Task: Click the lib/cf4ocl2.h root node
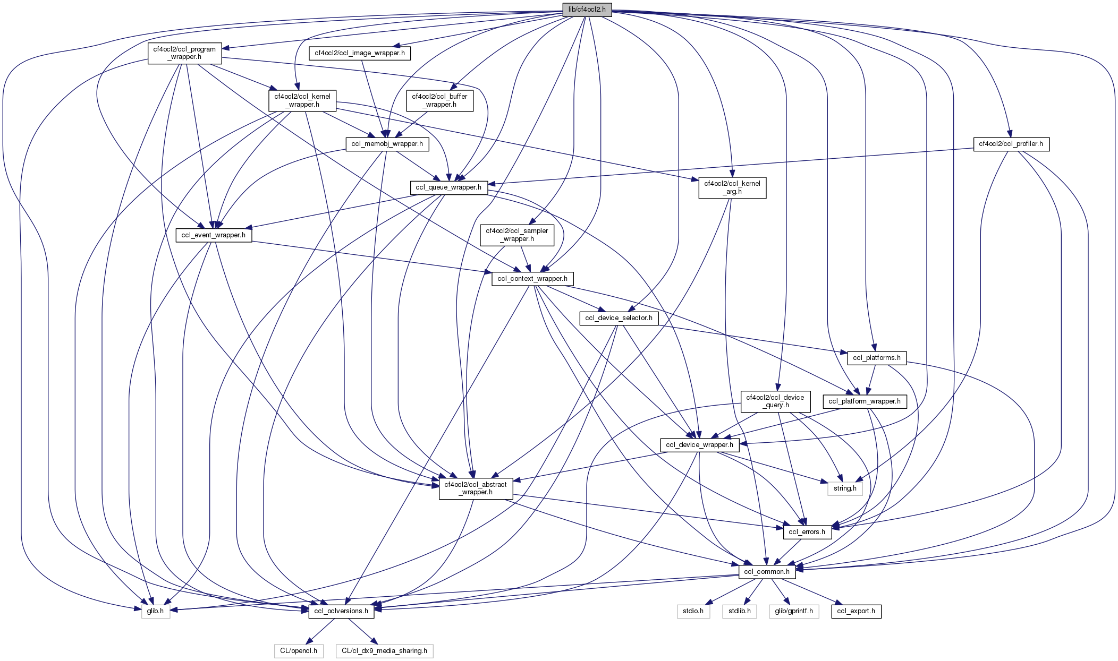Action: tap(587, 10)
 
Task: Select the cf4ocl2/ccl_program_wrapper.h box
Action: tap(184, 53)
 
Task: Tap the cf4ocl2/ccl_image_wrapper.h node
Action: tap(360, 53)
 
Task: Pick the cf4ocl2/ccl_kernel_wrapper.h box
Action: tap(302, 100)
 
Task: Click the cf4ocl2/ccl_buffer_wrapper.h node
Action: tap(439, 100)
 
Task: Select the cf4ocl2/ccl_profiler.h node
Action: tap(1011, 144)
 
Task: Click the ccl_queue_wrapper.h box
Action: tap(448, 187)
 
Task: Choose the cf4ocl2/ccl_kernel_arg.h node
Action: tap(732, 187)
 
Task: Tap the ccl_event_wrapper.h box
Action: tap(213, 235)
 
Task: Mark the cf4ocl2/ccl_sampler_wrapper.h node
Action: tap(516, 235)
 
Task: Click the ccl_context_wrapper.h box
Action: tap(532, 279)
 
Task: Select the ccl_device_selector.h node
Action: tap(619, 318)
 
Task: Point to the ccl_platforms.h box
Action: tap(876, 358)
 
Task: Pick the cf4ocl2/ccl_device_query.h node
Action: tap(775, 401)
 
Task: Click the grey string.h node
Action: tap(845, 488)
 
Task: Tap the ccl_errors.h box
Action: tap(807, 532)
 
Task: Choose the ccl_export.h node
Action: tap(856, 611)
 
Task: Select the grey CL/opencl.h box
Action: tap(299, 651)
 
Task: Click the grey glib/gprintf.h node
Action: tap(793, 611)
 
